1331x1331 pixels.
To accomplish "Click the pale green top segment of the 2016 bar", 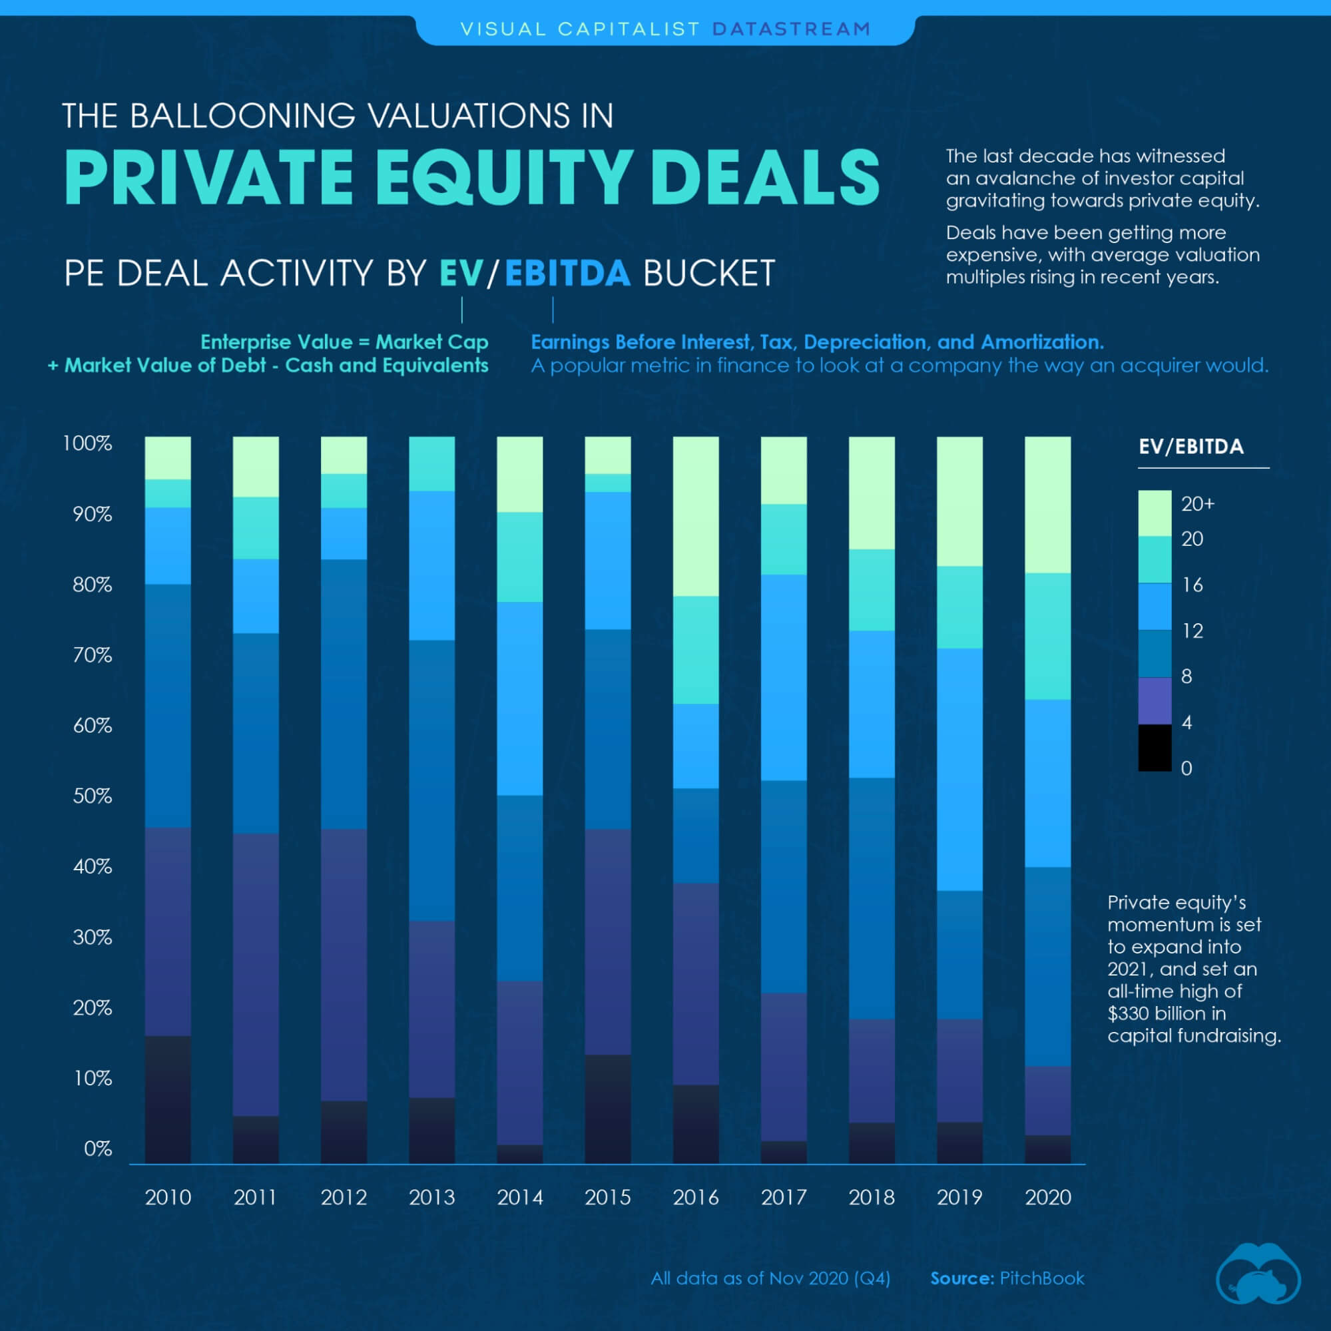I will pyautogui.click(x=695, y=516).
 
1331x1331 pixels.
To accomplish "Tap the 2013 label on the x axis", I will pyautogui.click(x=432, y=1197).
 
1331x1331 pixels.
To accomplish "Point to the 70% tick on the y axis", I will pyautogui.click(x=93, y=655).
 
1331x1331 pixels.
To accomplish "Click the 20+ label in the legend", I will pyautogui.click(x=1198, y=503).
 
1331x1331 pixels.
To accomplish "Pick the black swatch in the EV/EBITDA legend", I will pyautogui.click(x=1155, y=748).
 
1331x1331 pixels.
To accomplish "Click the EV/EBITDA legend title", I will pyautogui.click(x=1191, y=446).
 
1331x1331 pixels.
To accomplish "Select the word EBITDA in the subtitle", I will pyautogui.click(x=568, y=273).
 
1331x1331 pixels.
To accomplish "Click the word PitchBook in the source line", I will pyautogui.click(x=1041, y=1278).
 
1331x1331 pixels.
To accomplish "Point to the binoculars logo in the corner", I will pyautogui.click(x=1258, y=1274).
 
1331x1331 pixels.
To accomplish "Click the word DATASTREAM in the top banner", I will pyautogui.click(x=792, y=29).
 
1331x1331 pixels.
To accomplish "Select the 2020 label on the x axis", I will pyautogui.click(x=1048, y=1197).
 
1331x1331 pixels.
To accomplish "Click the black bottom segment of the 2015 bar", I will pyautogui.click(x=608, y=1109).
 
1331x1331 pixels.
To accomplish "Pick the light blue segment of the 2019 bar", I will pyautogui.click(x=959, y=770).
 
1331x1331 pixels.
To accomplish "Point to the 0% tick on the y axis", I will pyautogui.click(x=97, y=1149).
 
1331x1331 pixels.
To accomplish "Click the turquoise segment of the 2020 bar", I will pyautogui.click(x=1048, y=636).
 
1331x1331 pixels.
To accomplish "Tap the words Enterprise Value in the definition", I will pyautogui.click(x=276, y=342).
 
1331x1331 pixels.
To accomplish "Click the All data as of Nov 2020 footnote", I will pyautogui.click(x=770, y=1278).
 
